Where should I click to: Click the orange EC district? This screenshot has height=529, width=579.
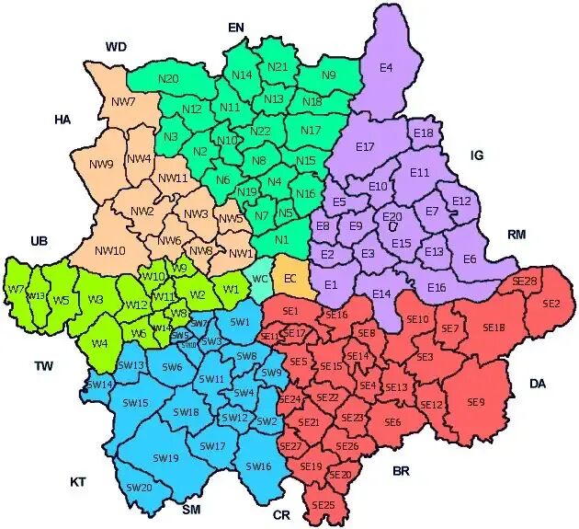coord(290,279)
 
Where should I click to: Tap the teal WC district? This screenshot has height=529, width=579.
coord(260,279)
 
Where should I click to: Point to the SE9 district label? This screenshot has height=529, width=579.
coord(475,402)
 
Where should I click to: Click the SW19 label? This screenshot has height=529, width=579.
coord(165,457)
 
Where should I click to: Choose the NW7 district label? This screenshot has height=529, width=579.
coord(125,101)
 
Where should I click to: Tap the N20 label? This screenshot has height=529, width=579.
coord(168,79)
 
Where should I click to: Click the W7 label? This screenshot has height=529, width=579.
coord(16,289)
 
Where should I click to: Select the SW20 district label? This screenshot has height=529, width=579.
coord(140,487)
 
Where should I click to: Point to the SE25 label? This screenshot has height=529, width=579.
coord(323,505)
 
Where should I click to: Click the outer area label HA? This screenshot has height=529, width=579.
coord(62,120)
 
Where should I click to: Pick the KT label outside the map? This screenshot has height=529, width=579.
coord(80,481)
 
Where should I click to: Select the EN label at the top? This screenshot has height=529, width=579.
coord(236,29)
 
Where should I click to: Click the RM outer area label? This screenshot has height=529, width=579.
coord(517,236)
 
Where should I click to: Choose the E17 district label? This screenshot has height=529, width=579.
coord(365,147)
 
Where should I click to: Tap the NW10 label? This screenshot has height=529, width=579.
coord(109,250)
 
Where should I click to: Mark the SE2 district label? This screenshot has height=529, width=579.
coord(551,303)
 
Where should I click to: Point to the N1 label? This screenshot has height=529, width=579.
coord(281,240)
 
